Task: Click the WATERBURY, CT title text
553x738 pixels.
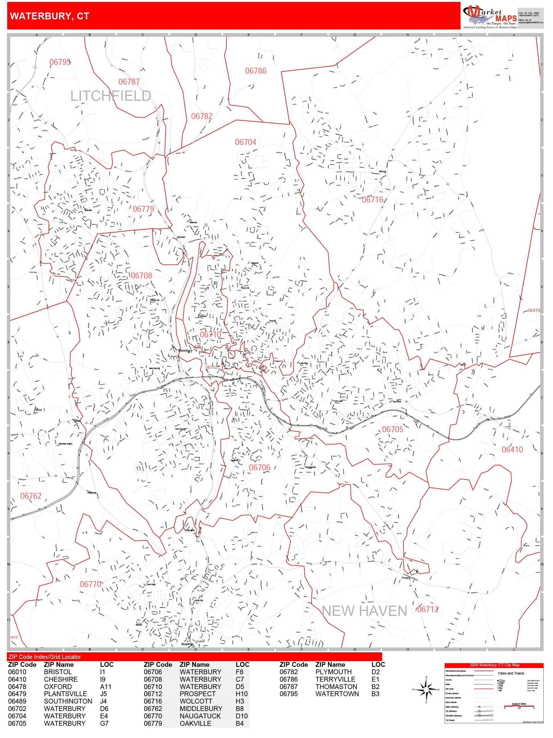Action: (x=50, y=16)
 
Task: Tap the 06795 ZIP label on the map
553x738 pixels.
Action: (x=60, y=62)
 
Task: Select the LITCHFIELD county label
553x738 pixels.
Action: (x=110, y=96)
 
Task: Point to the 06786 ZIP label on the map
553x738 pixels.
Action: (x=256, y=71)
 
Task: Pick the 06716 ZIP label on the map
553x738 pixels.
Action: (x=372, y=200)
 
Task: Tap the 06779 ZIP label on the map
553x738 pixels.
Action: (x=143, y=209)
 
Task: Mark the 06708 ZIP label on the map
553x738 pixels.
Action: (x=141, y=276)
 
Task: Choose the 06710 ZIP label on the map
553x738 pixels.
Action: (x=210, y=335)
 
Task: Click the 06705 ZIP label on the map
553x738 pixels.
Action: (x=392, y=429)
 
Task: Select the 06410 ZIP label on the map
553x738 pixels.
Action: (x=512, y=450)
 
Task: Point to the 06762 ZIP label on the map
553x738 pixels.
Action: (x=31, y=496)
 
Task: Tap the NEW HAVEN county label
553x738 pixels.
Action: (x=364, y=611)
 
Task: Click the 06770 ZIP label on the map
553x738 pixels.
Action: (x=90, y=585)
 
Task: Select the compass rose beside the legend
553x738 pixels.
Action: (x=426, y=690)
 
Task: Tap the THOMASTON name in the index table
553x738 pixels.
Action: (x=336, y=687)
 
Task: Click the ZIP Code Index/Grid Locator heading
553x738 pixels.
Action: (x=45, y=657)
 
